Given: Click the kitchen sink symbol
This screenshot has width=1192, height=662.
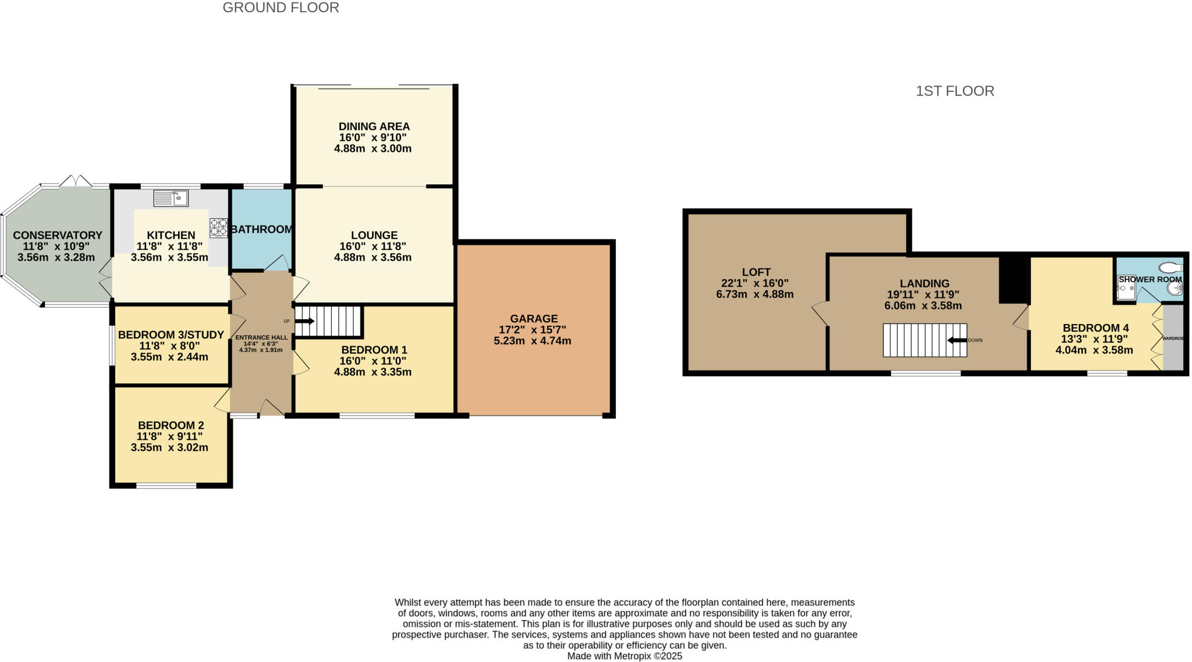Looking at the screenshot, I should click(171, 198).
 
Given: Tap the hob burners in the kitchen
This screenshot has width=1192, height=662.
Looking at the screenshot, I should click(219, 227).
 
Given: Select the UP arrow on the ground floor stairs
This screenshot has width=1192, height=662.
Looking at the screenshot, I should click(305, 321).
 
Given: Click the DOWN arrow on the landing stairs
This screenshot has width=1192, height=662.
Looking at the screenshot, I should click(957, 340).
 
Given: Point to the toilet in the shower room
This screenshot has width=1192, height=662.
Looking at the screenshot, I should click(1170, 268).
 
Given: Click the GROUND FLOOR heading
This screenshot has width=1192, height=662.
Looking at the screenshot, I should click(281, 8).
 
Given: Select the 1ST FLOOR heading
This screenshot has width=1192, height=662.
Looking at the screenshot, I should click(955, 91).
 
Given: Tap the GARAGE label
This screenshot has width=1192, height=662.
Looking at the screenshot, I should click(534, 319).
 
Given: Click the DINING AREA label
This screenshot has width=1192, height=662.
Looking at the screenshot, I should click(374, 127).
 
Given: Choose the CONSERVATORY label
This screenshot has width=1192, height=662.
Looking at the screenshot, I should click(58, 236).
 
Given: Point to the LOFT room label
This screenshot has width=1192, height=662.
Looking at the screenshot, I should click(756, 272).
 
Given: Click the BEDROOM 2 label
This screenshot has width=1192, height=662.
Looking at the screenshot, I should click(171, 426).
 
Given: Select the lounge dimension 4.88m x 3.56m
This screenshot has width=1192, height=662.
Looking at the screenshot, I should click(372, 258).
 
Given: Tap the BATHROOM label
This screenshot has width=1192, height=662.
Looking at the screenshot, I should click(261, 230).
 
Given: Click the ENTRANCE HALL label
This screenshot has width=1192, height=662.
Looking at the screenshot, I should click(261, 337).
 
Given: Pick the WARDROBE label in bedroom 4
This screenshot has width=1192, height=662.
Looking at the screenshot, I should click(1173, 338).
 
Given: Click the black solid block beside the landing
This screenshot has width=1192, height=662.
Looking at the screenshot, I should click(1013, 280).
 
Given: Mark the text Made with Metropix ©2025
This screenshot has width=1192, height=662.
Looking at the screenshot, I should click(625, 656).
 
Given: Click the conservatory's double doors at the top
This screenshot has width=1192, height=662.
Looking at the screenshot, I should click(76, 181).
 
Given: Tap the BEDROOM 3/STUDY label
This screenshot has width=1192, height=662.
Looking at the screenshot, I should click(171, 335).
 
